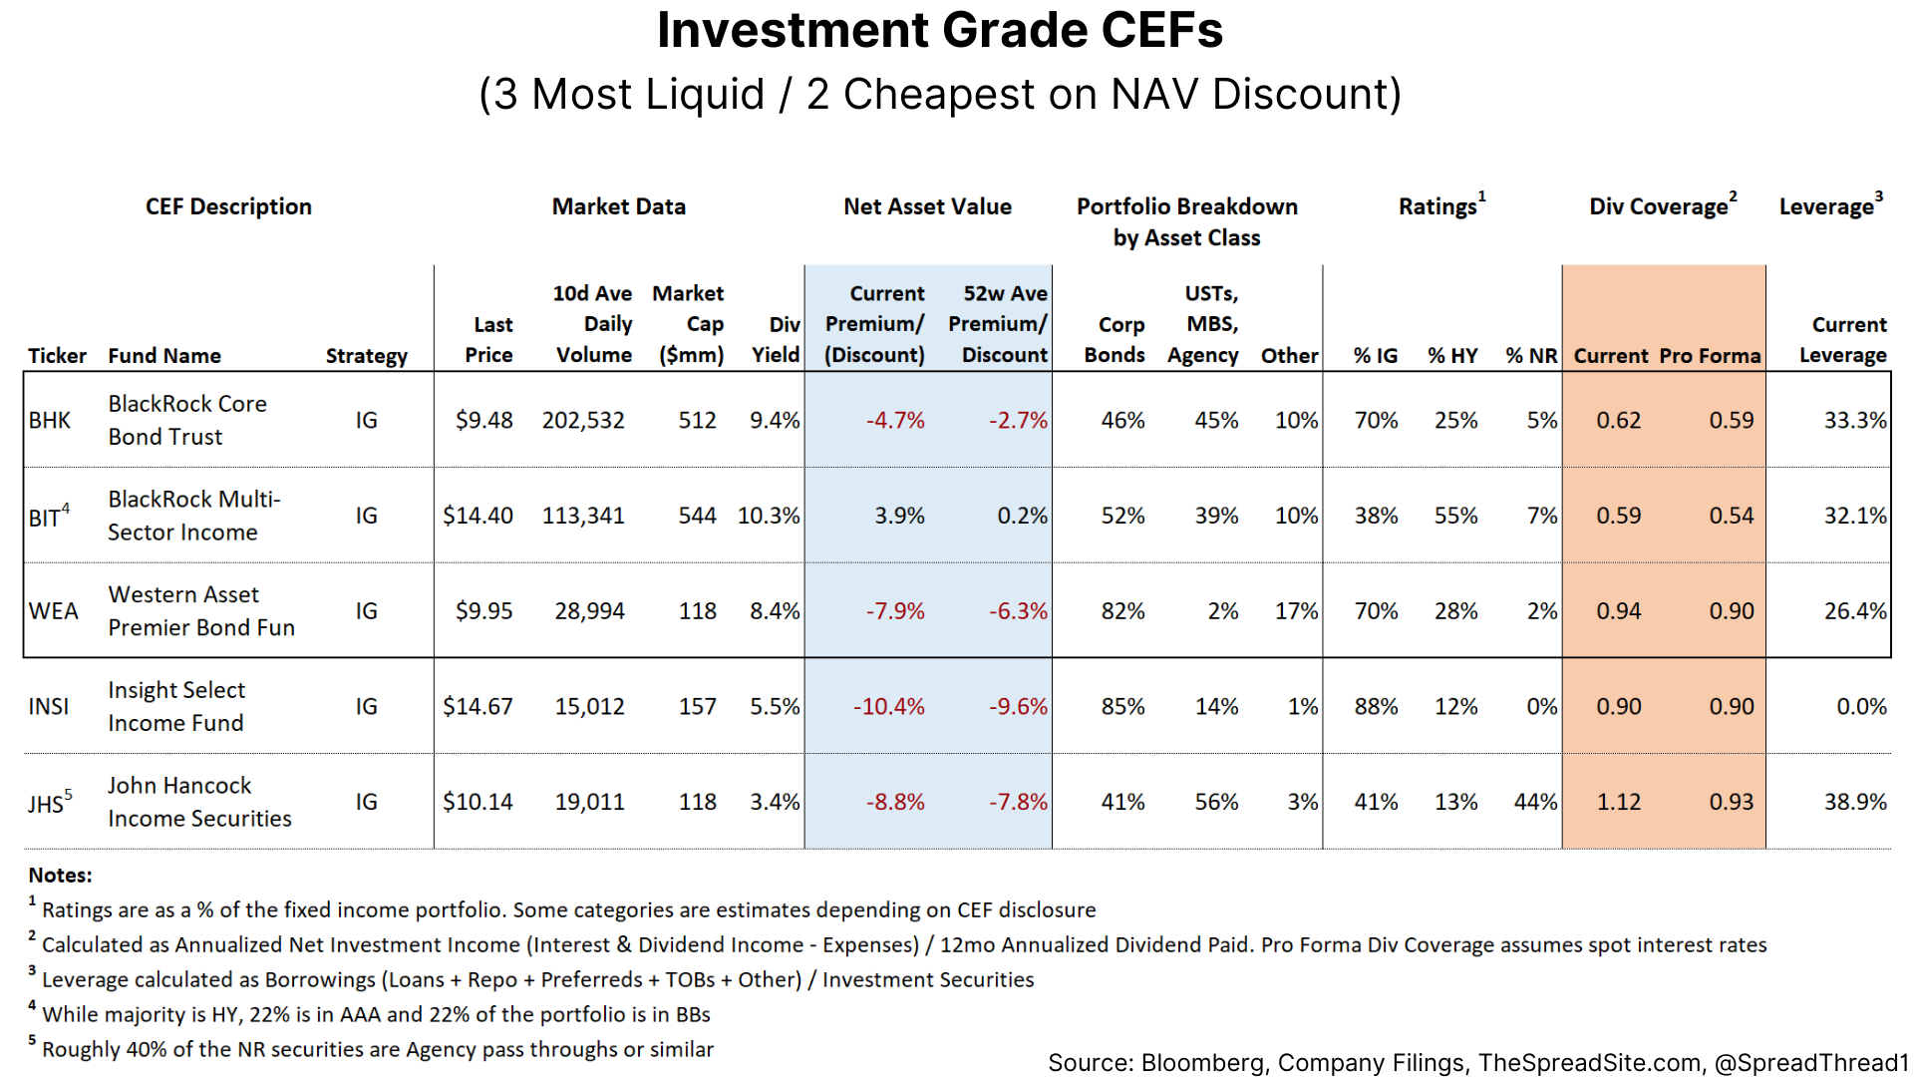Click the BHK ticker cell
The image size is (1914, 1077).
49,421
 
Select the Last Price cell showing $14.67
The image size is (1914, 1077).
478,707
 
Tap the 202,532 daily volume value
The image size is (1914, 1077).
583,421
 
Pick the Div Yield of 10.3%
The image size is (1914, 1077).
768,517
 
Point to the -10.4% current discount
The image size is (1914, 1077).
888,707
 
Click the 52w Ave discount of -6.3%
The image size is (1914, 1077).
1018,611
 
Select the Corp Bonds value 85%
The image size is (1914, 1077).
1122,707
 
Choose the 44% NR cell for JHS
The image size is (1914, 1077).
1535,802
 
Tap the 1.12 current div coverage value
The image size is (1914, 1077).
1618,802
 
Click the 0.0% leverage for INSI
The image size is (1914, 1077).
1861,707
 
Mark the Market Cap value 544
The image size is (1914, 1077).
697,517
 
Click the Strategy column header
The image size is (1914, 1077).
366,356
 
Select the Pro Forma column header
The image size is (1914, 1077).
1710,356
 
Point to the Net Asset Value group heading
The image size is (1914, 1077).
927,206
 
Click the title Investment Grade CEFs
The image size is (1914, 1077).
939,30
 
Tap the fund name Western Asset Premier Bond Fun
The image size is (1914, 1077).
201,611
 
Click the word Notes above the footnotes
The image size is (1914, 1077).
60,876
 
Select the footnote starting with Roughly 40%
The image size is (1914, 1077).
377,1049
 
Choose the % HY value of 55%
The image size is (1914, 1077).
1455,517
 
